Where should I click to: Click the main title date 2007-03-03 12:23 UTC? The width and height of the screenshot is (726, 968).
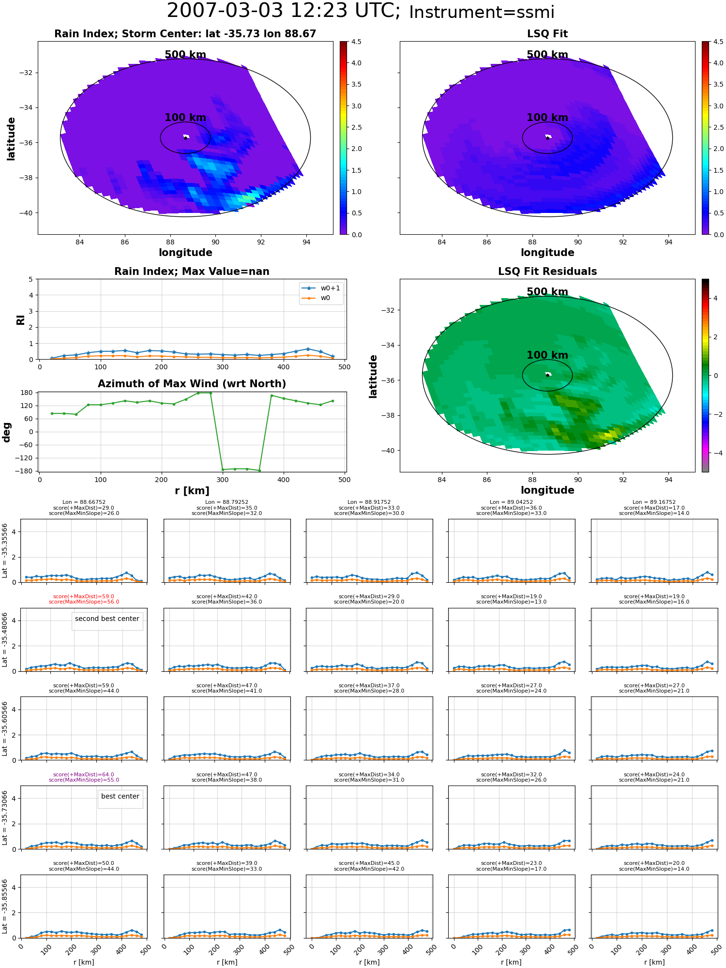point(284,11)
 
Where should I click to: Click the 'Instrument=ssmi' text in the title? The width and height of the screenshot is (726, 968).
point(482,12)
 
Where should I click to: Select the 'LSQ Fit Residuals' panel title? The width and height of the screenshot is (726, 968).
point(547,272)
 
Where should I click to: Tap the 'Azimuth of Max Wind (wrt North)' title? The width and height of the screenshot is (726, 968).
point(192,384)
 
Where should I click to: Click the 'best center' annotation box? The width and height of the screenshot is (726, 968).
point(120,796)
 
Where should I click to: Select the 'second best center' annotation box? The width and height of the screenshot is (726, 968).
point(107,619)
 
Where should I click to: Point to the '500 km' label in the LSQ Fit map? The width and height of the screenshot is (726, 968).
point(547,55)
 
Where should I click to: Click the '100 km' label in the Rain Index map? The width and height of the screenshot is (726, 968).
point(185,118)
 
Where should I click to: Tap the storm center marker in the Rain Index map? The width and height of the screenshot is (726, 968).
point(185,138)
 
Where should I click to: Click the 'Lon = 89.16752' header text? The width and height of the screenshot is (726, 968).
point(654,502)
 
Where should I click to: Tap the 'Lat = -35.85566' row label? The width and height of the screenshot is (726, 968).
point(5,907)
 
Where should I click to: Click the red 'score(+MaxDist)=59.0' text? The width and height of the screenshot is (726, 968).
point(84,597)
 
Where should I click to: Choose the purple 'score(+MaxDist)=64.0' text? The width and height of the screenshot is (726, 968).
point(84,775)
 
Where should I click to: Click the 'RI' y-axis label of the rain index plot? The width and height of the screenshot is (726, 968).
point(20,320)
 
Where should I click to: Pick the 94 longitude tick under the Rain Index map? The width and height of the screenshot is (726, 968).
point(306,242)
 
